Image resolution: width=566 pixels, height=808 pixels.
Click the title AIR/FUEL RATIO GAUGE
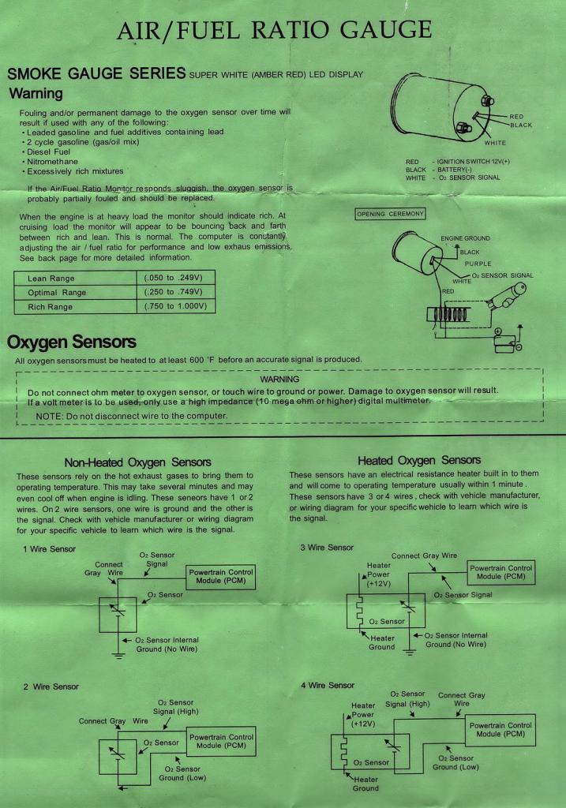pyautogui.click(x=274, y=31)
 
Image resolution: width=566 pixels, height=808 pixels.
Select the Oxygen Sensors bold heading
pyautogui.click(x=72, y=342)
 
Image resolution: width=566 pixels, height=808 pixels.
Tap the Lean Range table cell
pyautogui.click(x=51, y=279)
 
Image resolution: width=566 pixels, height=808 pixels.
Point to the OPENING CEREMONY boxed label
pyautogui.click(x=391, y=214)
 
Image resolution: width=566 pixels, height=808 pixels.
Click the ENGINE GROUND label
pyautogui.click(x=465, y=238)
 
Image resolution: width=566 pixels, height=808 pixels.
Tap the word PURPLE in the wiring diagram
pyautogui.click(x=478, y=264)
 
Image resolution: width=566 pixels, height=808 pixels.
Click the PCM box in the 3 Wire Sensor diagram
pyautogui.click(x=501, y=572)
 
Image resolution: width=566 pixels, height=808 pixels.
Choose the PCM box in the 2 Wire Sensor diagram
pyautogui.click(x=221, y=741)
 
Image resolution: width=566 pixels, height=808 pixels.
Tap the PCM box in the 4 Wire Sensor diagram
pyautogui.click(x=501, y=730)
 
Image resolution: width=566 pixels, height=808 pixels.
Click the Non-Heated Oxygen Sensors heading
pyautogui.click(x=137, y=462)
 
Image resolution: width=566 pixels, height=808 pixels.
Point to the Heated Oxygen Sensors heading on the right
pyautogui.click(x=419, y=460)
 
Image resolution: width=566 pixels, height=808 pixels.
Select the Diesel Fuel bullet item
pyautogui.click(x=48, y=151)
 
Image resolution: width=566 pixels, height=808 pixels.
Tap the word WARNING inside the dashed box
pyautogui.click(x=279, y=380)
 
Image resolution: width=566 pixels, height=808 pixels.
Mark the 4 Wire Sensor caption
pyautogui.click(x=328, y=686)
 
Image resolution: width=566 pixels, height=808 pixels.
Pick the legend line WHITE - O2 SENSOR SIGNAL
pyautogui.click(x=452, y=178)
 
